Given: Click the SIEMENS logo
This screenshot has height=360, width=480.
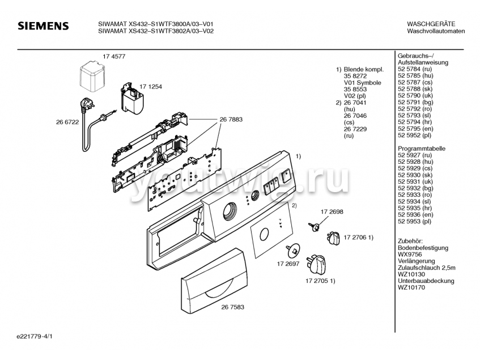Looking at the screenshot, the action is [x=43, y=26].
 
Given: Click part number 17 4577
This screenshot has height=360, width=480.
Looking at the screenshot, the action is [x=114, y=57].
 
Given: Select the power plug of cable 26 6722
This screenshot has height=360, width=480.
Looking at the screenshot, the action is [x=88, y=103].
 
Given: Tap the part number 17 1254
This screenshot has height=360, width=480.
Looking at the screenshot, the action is [x=151, y=87].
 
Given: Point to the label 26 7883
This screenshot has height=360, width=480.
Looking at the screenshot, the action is [x=231, y=120].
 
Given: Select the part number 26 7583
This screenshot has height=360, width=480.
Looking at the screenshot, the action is [x=233, y=307].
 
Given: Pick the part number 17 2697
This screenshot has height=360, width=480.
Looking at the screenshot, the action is [x=288, y=264].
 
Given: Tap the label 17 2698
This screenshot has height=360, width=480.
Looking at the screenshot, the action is [x=332, y=212].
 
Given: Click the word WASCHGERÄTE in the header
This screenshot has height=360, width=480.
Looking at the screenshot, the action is [x=431, y=24].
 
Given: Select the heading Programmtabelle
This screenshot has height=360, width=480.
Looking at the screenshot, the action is [x=422, y=149].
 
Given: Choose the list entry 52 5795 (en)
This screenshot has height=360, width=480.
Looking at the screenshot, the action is [x=415, y=129].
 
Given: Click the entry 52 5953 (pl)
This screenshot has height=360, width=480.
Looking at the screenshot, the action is [x=414, y=221].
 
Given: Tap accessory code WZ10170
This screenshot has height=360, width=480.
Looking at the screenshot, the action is [x=411, y=288].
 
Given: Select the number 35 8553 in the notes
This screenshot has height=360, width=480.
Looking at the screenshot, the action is [x=355, y=90].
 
